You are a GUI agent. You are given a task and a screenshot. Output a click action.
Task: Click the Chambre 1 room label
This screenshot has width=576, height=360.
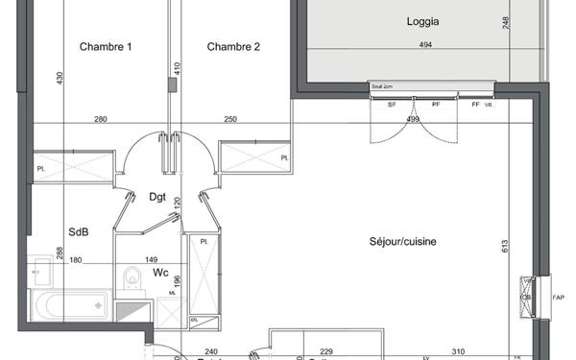[x=106, y=47]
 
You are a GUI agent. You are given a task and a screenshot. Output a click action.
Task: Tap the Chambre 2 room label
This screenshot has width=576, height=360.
[x=233, y=47]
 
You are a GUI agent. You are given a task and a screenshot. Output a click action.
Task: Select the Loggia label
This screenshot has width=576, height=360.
[x=423, y=20]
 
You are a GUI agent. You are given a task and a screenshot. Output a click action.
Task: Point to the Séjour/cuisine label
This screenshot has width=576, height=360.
[x=402, y=242]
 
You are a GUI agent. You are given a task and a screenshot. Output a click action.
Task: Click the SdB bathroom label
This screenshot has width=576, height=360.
[x=79, y=231]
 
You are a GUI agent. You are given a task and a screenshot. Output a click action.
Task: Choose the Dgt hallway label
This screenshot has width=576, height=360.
[x=157, y=199]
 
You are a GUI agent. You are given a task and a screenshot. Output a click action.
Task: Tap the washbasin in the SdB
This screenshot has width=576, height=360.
[x=40, y=271]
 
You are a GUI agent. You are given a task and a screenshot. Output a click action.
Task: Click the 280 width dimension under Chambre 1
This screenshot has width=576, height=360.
[x=100, y=120]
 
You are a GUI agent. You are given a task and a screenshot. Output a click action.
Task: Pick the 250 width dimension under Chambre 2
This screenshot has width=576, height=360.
[x=230, y=120]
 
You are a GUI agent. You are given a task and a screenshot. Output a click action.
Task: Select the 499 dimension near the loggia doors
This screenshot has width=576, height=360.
[x=413, y=120]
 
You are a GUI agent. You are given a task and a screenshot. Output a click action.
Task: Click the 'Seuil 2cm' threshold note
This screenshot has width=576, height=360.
[x=382, y=86]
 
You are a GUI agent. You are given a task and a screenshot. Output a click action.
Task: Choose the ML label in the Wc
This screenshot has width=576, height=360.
[x=172, y=293]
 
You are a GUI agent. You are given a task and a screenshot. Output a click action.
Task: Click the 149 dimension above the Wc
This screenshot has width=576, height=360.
[x=151, y=260]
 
